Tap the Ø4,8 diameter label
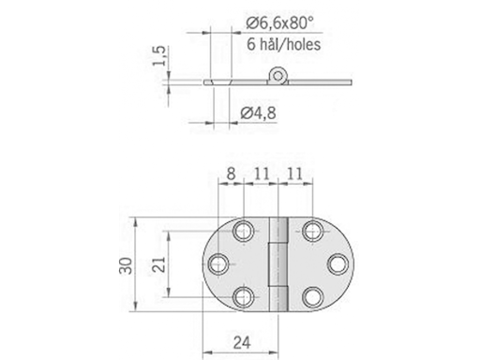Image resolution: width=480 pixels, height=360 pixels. tap(258, 114)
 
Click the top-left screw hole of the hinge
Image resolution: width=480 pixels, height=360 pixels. tap(246, 231)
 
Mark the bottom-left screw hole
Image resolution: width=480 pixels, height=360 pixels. tap(246, 297)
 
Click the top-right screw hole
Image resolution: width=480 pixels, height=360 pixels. tap(310, 231)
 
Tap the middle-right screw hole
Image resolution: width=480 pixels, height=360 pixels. tap(335, 264)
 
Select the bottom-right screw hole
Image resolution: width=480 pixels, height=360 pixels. tap(310, 297)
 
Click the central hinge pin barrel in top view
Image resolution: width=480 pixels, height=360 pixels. tap(277, 263)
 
